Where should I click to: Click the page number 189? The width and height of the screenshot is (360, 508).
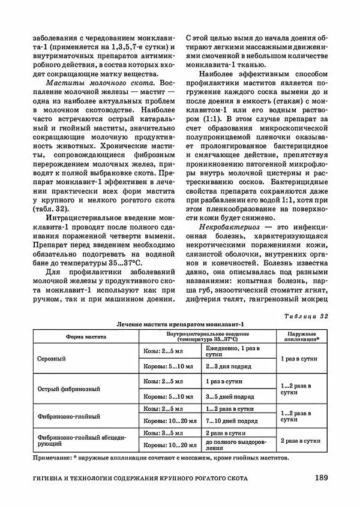[x=320, y=478]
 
